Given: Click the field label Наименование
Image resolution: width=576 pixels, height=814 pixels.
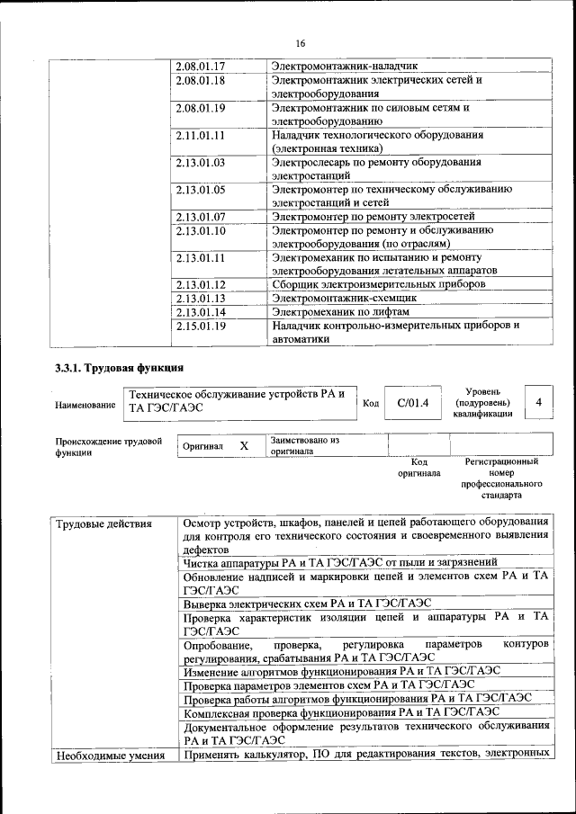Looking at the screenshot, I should pyautogui.click(x=85, y=406).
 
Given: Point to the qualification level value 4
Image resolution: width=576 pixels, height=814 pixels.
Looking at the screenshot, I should pyautogui.click(x=539, y=402).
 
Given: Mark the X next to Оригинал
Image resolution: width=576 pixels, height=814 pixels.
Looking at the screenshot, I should pyautogui.click(x=243, y=446).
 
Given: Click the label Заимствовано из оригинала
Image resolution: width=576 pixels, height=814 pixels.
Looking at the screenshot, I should pyautogui.click(x=304, y=446).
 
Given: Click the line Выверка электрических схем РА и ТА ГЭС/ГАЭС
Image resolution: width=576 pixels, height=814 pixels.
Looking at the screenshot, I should pyautogui.click(x=308, y=604).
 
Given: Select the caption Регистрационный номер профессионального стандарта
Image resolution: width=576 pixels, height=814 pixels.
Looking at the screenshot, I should pyautogui.click(x=501, y=479).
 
